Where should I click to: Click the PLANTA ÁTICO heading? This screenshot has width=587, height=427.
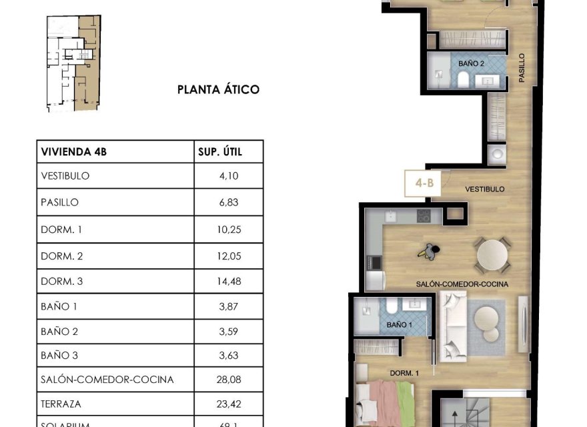coord(217,89)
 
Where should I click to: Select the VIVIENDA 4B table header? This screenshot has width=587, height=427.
coord(73,152)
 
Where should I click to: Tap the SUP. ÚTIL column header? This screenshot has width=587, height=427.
coord(220,152)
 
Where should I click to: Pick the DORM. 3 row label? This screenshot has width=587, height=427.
coord(61,282)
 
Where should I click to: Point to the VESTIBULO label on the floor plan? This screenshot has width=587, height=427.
coord(484,189)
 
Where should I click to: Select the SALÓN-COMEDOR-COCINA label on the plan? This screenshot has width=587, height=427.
coord(462,284)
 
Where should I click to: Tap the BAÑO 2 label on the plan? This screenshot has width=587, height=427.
coord(471,63)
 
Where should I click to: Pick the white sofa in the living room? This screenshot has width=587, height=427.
coord(455,326)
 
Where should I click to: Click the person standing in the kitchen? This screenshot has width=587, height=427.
coord(430,252)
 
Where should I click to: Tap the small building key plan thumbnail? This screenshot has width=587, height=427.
coord(73,63)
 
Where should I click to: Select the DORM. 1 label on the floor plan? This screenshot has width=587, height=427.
coord(404,374)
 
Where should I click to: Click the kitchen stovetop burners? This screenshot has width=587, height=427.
coord(423,216)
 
